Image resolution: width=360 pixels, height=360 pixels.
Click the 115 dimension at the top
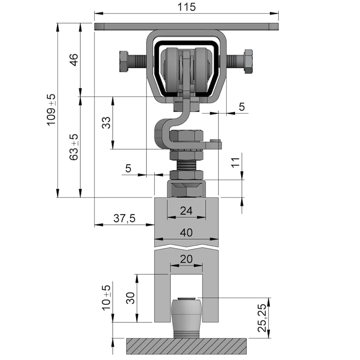pos(186,7)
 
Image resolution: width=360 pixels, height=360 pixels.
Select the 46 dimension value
pos(74,60)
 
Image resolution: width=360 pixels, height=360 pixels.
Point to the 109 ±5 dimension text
pos(51,110)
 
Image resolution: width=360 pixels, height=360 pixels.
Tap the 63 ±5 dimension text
pos(74,147)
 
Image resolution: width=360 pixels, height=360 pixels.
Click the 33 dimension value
pos(106,122)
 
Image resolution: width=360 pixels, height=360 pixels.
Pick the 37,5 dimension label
pos(125,218)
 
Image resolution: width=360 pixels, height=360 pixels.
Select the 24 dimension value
pos(186,211)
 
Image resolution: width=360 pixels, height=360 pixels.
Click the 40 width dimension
pos(186,233)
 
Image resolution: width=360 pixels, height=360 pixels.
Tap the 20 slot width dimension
pos(186,259)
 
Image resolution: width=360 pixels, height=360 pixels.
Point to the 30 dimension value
pos(130,298)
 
